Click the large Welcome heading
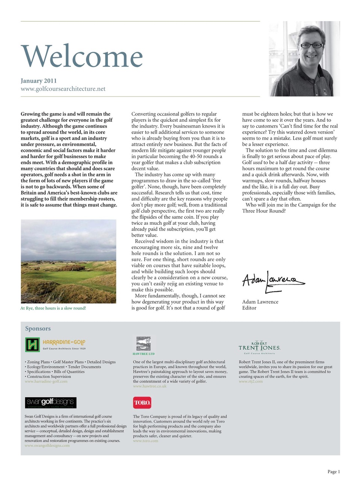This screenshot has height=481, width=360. [82, 56]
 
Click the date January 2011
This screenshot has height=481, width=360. [39, 81]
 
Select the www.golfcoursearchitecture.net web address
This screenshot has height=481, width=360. [63, 89]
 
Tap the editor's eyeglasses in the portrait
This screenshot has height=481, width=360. [311, 45]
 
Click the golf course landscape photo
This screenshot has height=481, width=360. [68, 261]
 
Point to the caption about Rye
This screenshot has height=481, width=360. [53, 308]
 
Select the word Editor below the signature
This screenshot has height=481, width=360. [249, 308]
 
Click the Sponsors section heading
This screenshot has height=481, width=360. [38, 328]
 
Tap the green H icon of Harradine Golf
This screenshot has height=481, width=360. [32, 344]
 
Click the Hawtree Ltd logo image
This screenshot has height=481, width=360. [143, 344]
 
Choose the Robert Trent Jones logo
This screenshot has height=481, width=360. [259, 347]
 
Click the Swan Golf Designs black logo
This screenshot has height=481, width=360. [51, 402]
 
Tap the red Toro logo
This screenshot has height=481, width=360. [142, 402]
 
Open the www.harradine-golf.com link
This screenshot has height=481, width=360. [46, 381]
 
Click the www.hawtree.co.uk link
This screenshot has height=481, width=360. [150, 386]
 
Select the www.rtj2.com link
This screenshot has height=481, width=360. [251, 381]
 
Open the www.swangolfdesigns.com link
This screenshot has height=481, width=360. [47, 446]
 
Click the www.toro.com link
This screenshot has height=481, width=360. [145, 441]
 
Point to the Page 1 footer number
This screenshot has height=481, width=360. [333, 472]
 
